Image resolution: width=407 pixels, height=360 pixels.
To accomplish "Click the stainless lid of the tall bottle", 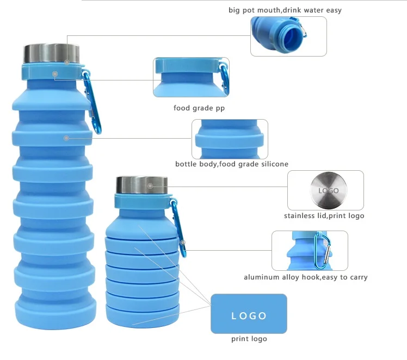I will [x=52, y=54].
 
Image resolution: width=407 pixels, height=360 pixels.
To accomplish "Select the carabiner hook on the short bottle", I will [x=180, y=228].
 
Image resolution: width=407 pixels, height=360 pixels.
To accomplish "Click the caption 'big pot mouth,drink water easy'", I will [x=285, y=10].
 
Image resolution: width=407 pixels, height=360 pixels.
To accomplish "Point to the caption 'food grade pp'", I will [x=199, y=108].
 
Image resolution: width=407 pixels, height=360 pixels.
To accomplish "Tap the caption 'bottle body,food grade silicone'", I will [x=232, y=164].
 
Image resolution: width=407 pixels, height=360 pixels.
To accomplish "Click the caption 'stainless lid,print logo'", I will [x=324, y=216].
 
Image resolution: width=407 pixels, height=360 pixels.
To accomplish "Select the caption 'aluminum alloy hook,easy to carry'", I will [x=306, y=277].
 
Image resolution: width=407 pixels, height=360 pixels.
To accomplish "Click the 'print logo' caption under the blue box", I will [x=249, y=339].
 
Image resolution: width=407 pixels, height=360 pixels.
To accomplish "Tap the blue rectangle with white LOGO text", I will [x=249, y=314].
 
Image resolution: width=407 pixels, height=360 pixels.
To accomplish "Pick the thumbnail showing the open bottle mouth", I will [x=288, y=36].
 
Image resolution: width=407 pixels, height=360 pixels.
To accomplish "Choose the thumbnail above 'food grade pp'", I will [x=190, y=77].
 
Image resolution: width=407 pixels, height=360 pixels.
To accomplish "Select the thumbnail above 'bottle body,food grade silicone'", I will [x=230, y=139].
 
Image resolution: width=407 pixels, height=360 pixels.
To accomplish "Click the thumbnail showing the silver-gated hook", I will [x=310, y=250].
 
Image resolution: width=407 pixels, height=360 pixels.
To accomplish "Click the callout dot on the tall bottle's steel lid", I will [x=67, y=62].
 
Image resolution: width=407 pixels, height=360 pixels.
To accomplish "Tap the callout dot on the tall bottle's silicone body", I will [x=66, y=138].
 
